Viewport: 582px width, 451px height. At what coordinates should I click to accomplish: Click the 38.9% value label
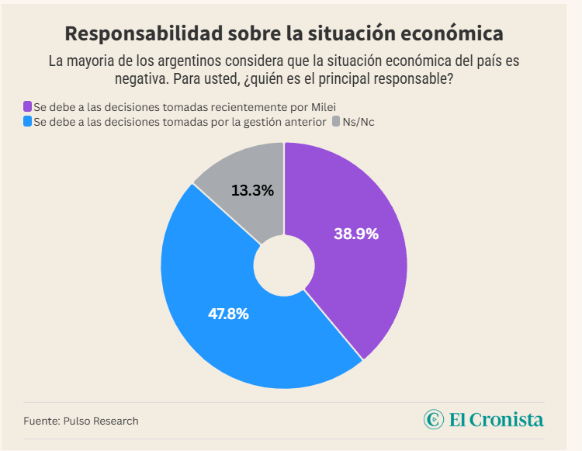click(x=356, y=234)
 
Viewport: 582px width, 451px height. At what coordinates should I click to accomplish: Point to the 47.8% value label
click(x=228, y=314)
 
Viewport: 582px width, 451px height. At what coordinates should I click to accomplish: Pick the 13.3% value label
click(x=252, y=190)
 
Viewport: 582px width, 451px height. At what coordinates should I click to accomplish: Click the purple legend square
click(x=28, y=106)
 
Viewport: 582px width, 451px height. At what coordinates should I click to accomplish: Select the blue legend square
click(x=28, y=122)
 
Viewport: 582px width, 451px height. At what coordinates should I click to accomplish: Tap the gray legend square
click(x=335, y=122)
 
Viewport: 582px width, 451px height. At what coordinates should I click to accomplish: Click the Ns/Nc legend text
click(x=359, y=122)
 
